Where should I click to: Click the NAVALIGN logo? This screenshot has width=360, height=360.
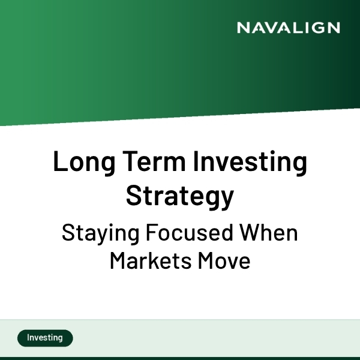[288, 28]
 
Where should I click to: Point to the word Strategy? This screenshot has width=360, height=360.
[180, 196]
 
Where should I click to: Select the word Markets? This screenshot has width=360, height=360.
[147, 262]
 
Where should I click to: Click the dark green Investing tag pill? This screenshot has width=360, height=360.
[45, 338]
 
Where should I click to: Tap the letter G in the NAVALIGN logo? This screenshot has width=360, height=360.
[319, 28]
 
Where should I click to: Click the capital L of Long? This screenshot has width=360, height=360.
[59, 163]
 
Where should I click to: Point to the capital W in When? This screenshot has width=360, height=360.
[248, 233]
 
